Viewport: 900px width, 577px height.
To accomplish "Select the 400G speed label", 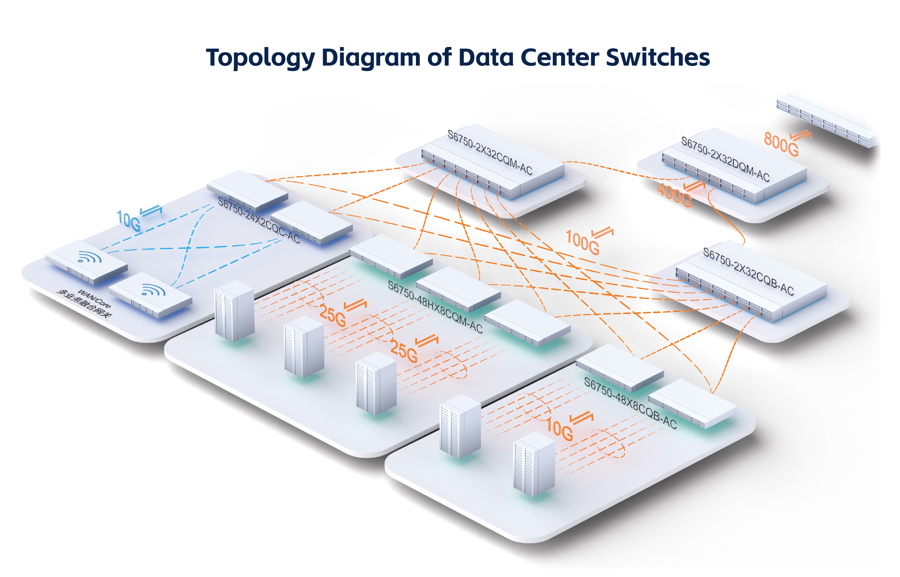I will click(674, 195).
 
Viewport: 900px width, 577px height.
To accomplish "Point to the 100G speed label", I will click(582, 243).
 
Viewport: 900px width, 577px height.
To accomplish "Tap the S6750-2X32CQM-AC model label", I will click(490, 152).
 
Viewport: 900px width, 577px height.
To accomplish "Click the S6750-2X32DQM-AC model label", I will click(725, 159).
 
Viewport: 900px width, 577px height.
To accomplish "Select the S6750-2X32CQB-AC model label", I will click(748, 271).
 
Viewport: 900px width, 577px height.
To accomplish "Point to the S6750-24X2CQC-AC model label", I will click(259, 220).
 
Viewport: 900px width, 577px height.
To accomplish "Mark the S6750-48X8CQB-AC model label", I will click(630, 403).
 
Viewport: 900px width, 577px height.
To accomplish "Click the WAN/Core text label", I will click(94, 299).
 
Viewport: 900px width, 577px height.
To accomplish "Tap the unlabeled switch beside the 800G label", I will click(828, 120).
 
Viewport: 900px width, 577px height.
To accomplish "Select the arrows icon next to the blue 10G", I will click(151, 211).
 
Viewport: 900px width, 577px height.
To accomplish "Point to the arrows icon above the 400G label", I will click(694, 185).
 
